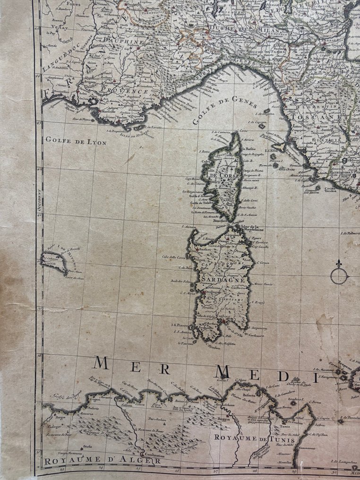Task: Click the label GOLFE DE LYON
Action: [x=76, y=141]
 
